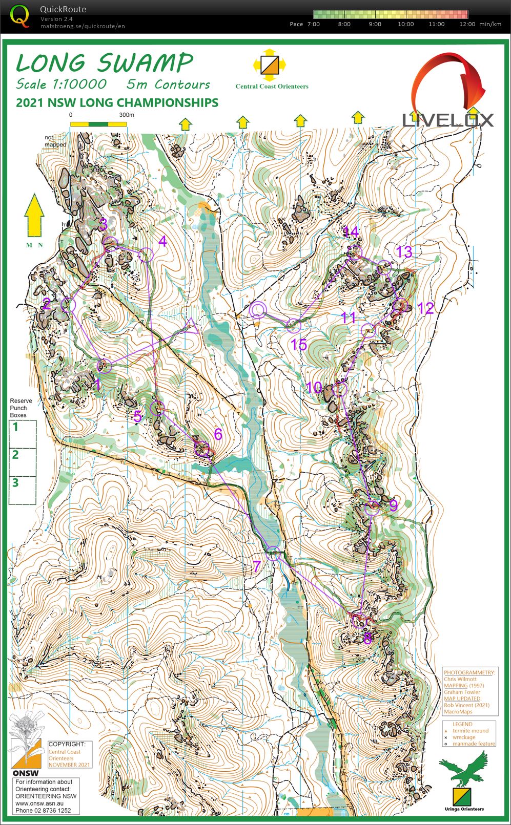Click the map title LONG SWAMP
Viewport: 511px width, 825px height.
point(104,63)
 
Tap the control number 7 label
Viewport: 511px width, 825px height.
point(257,566)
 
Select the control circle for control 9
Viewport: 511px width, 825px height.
point(373,509)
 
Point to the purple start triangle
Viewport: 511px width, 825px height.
point(192,326)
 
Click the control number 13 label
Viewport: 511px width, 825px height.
point(404,251)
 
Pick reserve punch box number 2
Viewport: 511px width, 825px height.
point(16,455)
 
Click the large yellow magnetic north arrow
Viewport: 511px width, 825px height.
point(34,215)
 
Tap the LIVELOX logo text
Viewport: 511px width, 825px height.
point(447,120)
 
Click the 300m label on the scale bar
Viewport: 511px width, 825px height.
point(127,115)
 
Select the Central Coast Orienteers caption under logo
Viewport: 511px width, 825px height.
point(272,86)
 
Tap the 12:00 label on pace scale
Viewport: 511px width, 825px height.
point(467,24)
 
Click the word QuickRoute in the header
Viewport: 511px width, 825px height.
point(63,9)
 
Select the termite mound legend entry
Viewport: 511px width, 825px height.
point(470,731)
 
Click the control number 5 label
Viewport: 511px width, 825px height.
point(137,416)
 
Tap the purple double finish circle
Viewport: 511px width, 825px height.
point(258,310)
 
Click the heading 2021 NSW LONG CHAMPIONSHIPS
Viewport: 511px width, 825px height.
point(117,102)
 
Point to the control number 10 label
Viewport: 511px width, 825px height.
point(314,387)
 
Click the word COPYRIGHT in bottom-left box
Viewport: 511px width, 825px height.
point(67,744)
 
